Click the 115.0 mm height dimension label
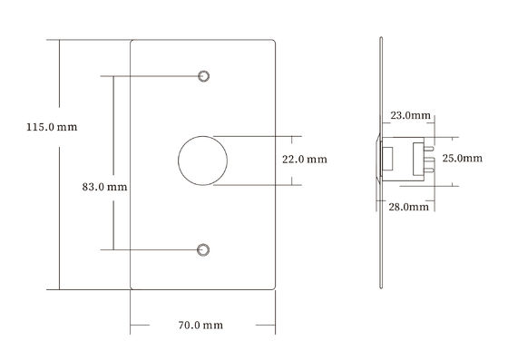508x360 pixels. coord(52,127)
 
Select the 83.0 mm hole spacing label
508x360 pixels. coord(104,187)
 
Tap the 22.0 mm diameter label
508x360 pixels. coord(305,160)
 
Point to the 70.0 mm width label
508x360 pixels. coord(200,325)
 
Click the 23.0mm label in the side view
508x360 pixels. coord(410,115)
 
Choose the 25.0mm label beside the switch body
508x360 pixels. coord(463,158)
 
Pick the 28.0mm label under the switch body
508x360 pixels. coord(408,207)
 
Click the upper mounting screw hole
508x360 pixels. coord(203,76)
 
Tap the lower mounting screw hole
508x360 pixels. coord(203,250)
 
